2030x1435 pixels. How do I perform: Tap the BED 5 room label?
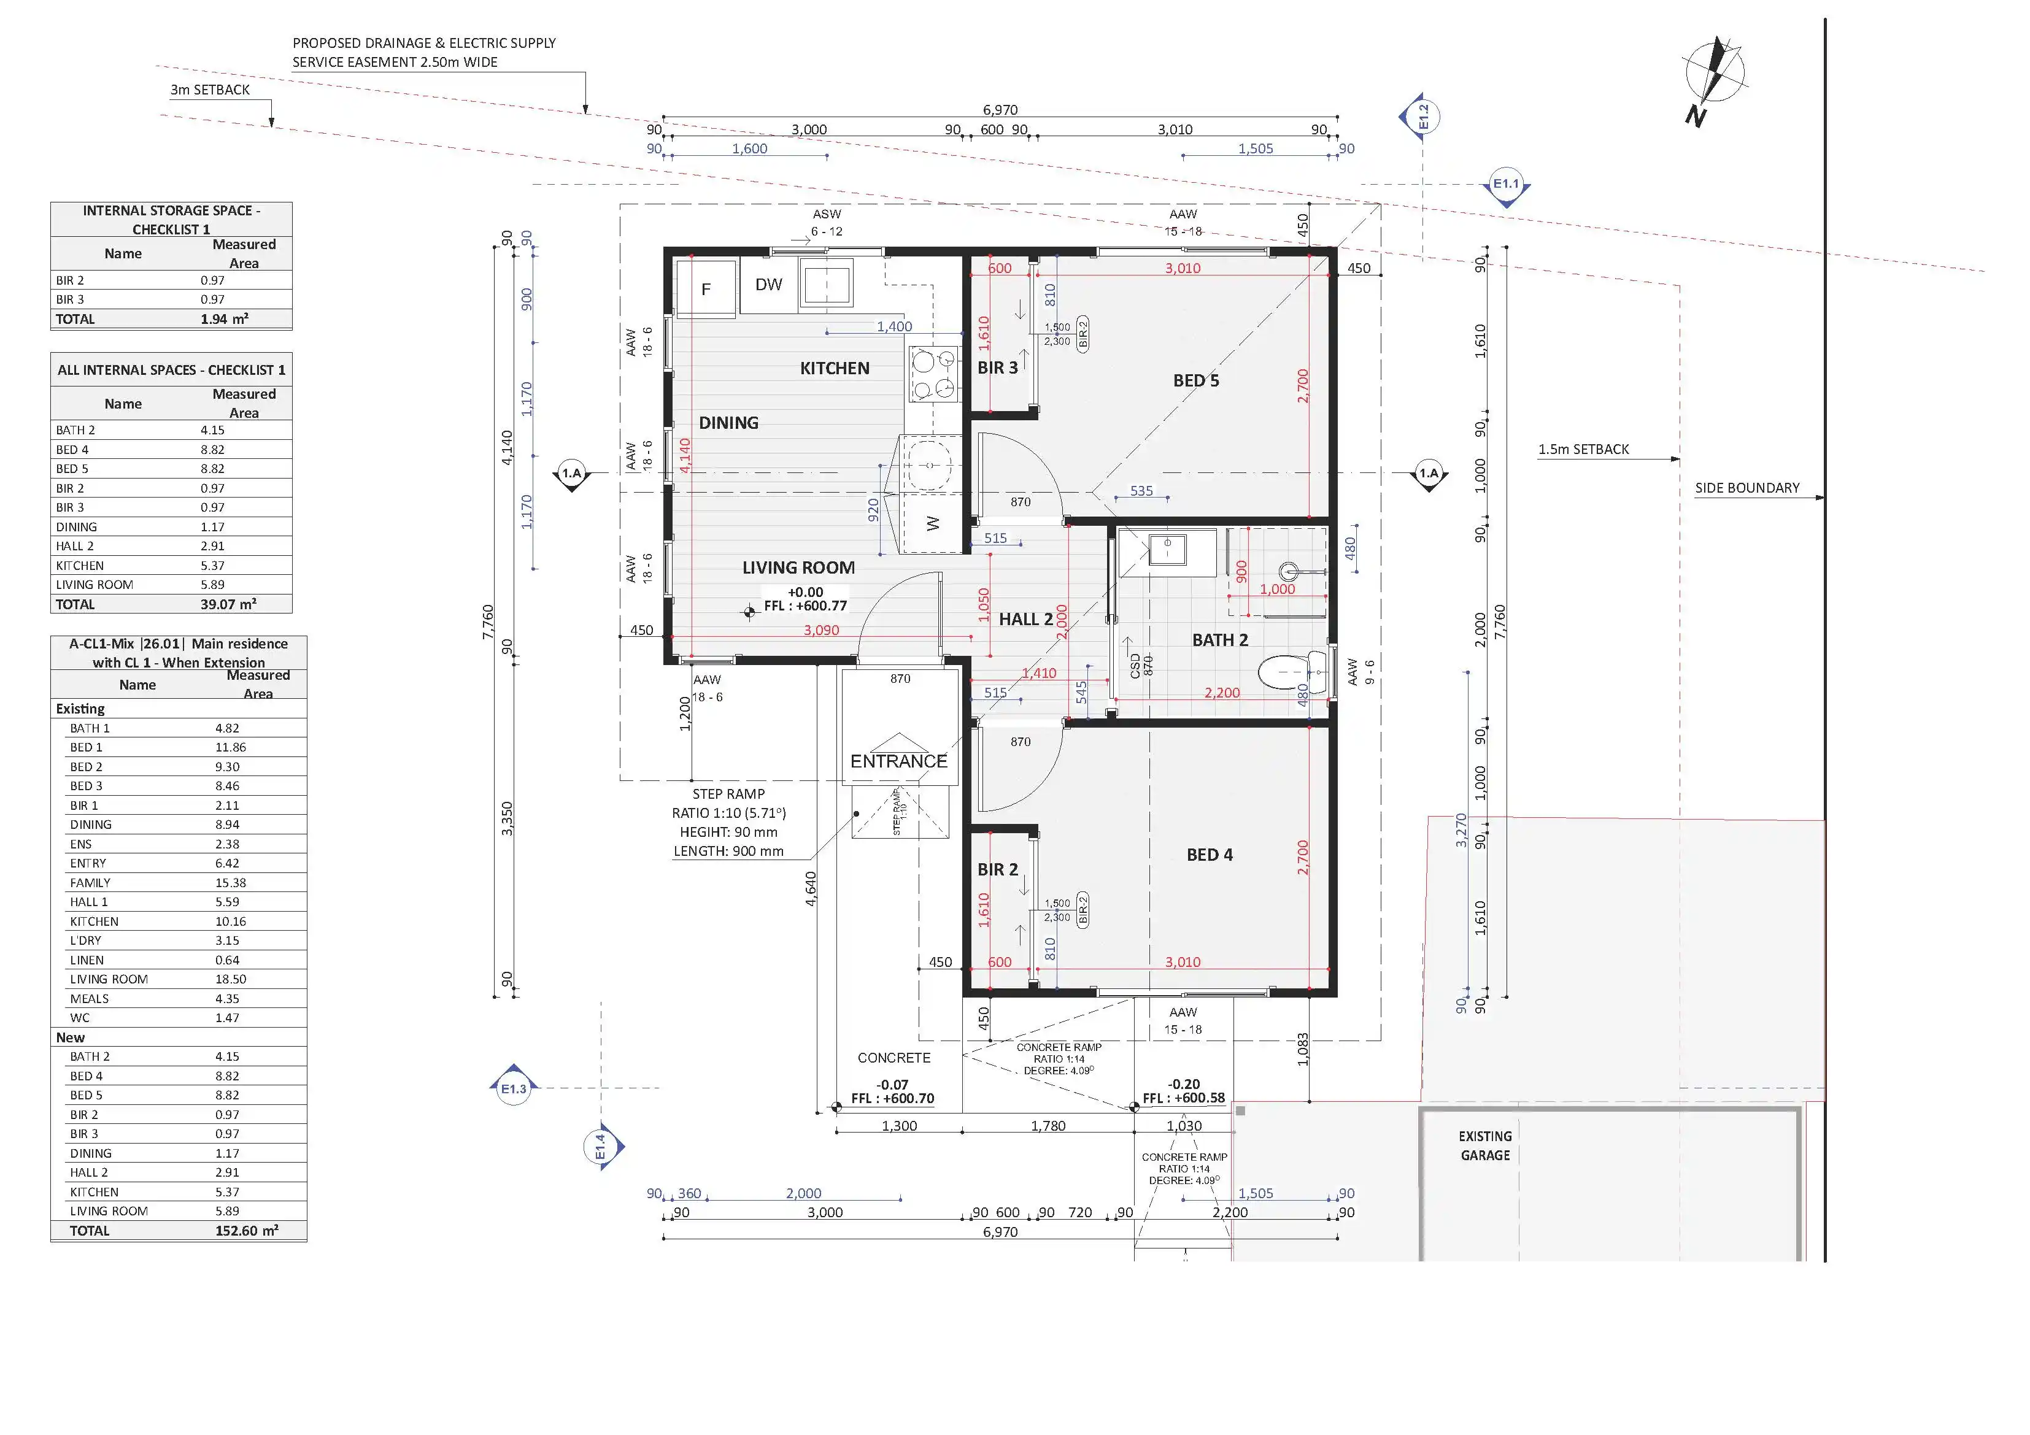pyautogui.click(x=1195, y=380)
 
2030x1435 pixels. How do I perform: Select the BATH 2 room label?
pyautogui.click(x=1220, y=640)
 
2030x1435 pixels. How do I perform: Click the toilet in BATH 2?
pyautogui.click(x=1292, y=673)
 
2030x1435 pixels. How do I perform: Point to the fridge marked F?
pyautogui.click(x=706, y=288)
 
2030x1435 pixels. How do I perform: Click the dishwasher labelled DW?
pyautogui.click(x=768, y=285)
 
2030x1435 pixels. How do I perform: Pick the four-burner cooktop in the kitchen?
pyautogui.click(x=933, y=374)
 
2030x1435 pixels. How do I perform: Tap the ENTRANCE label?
pyautogui.click(x=898, y=761)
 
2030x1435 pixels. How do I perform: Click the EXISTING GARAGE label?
pyautogui.click(x=1485, y=1146)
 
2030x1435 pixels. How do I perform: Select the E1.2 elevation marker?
pyautogui.click(x=1419, y=117)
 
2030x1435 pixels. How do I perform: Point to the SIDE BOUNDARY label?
pyautogui.click(x=1746, y=488)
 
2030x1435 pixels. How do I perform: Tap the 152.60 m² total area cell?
pyautogui.click(x=247, y=1231)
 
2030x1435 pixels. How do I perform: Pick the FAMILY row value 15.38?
pyautogui.click(x=231, y=882)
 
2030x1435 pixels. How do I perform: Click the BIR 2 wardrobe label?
pyautogui.click(x=997, y=870)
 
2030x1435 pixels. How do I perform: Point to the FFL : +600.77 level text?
pyautogui.click(x=806, y=606)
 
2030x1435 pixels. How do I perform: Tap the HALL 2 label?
pyautogui.click(x=1025, y=620)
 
